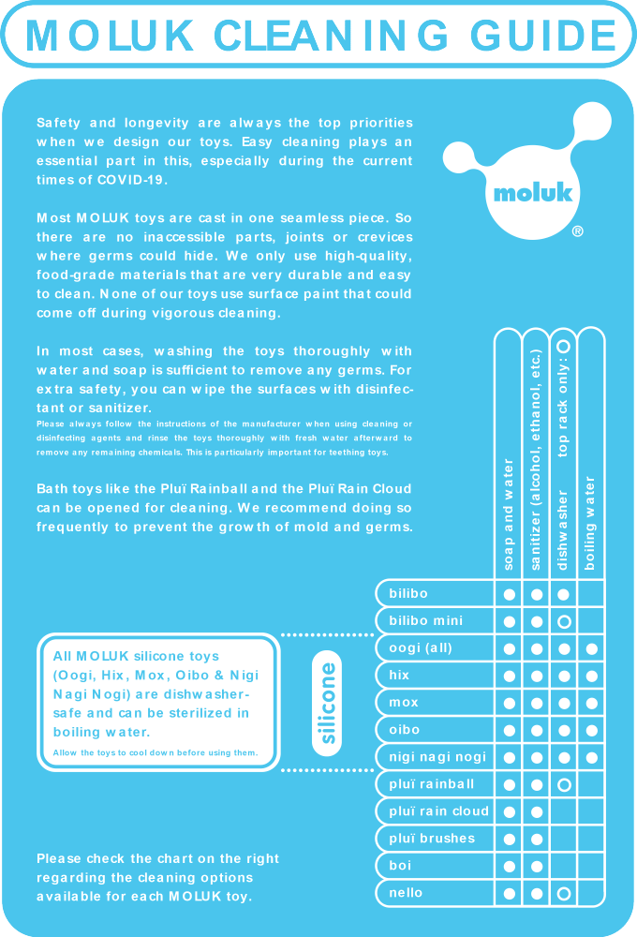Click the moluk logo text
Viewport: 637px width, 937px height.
point(533,194)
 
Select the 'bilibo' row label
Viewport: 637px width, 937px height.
point(408,594)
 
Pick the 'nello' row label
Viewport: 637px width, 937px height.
point(406,893)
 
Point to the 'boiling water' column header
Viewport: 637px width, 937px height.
point(590,522)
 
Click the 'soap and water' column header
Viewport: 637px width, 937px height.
point(509,513)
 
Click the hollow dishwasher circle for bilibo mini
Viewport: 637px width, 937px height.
point(564,621)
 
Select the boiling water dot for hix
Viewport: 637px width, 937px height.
point(591,676)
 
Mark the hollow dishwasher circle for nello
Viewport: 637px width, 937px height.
point(564,894)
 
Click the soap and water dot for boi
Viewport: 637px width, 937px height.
point(510,866)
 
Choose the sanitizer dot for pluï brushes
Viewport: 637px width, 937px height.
point(537,839)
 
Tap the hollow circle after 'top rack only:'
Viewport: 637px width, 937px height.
point(564,346)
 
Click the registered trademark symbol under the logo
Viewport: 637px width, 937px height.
point(577,231)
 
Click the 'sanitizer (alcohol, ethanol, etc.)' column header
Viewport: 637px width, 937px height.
point(537,459)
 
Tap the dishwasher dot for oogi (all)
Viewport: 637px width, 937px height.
point(564,648)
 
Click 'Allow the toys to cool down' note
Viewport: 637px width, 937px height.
point(155,752)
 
